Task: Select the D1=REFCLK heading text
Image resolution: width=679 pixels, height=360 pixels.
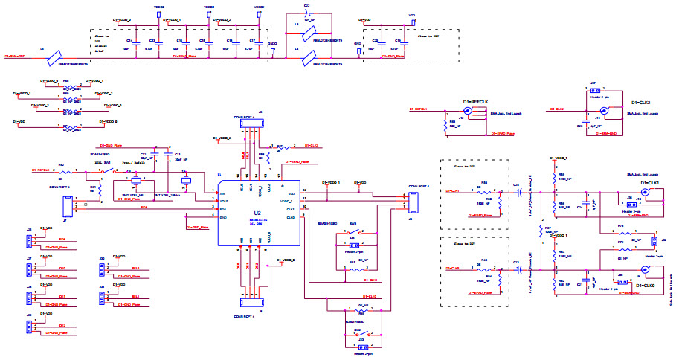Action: point(475,102)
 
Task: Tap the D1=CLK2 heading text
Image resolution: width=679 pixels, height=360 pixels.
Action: point(640,102)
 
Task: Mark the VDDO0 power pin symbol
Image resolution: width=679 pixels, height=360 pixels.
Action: point(158,10)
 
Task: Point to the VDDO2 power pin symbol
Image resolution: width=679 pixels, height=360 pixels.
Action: point(259,10)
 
